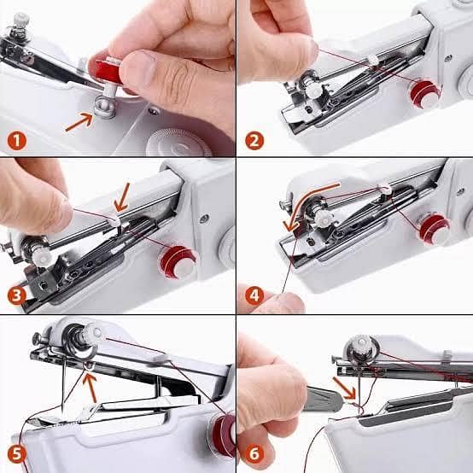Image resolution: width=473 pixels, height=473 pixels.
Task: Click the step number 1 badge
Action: [x=16, y=138]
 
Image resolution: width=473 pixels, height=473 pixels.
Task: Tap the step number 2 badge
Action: [x=254, y=138]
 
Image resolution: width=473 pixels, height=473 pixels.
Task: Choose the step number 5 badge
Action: [x=16, y=453]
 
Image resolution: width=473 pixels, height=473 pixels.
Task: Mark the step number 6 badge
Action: [x=254, y=453]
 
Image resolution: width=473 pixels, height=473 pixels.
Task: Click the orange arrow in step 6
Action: [x=346, y=394]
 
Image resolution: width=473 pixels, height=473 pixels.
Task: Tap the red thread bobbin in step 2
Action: [x=423, y=93]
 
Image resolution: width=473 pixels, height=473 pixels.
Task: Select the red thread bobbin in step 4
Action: [x=433, y=228]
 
